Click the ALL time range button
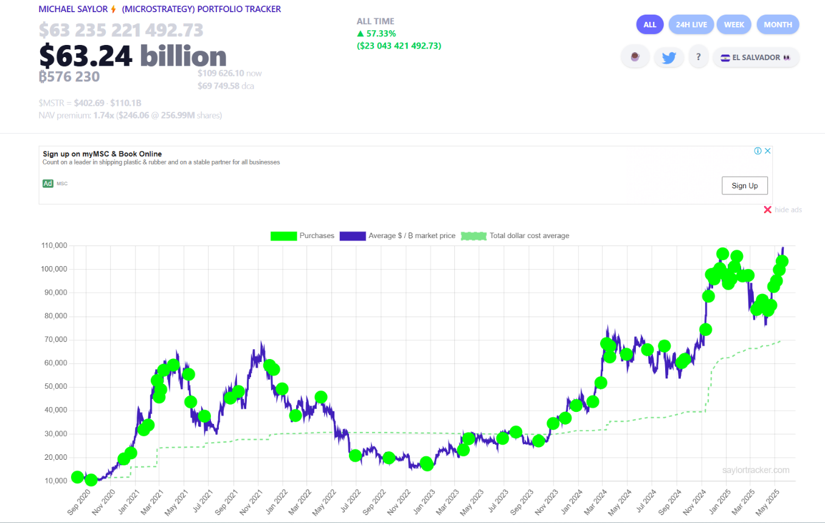650,25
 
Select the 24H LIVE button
691,25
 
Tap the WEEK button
734,25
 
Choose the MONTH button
778,25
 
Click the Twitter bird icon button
669,58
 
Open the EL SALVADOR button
756,58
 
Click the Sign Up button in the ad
744,186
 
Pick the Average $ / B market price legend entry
398,236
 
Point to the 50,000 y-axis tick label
55,387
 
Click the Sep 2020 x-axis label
77,501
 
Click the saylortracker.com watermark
756,470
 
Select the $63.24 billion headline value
133,56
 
